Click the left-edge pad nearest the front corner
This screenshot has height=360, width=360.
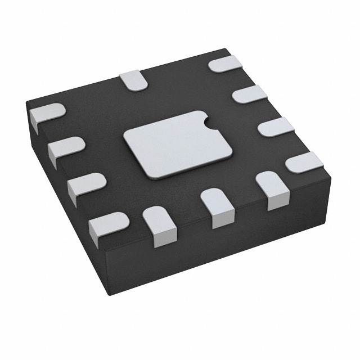[107, 225]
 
